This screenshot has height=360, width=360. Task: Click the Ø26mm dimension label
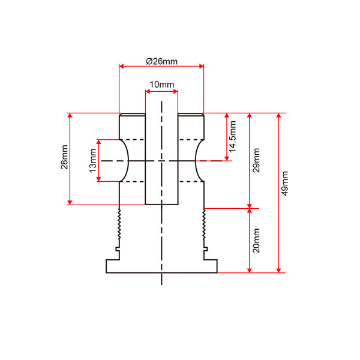161,62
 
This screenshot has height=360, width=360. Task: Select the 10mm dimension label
162,85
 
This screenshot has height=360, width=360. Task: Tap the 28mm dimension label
65,157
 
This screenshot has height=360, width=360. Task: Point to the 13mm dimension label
93,160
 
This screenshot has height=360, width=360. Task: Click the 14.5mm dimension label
233,137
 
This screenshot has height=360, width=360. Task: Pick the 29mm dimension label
256,160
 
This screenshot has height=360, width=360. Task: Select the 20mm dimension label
256,241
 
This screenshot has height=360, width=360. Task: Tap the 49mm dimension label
285,184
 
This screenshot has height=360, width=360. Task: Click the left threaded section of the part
119,224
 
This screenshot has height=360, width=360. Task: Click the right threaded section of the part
204,224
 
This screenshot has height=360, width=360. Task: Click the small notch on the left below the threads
118,249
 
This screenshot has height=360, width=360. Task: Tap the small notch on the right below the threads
206,249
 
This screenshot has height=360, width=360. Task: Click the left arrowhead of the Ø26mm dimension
121,67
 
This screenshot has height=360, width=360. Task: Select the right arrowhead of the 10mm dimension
176,92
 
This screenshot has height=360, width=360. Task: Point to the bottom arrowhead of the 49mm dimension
279,271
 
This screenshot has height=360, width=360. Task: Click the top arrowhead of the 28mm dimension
70,115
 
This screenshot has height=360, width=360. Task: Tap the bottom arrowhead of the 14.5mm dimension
227,158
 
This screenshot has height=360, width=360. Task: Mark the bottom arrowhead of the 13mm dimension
99,179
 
